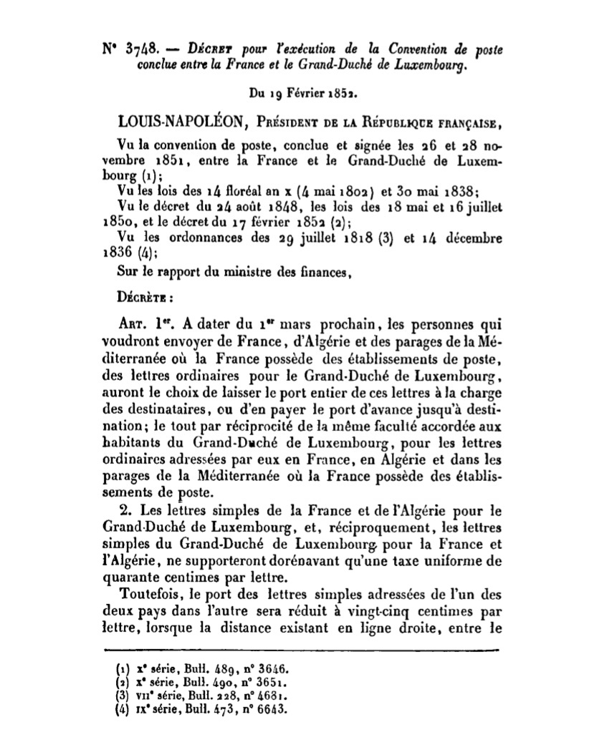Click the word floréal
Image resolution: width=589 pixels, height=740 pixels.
point(222,191)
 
